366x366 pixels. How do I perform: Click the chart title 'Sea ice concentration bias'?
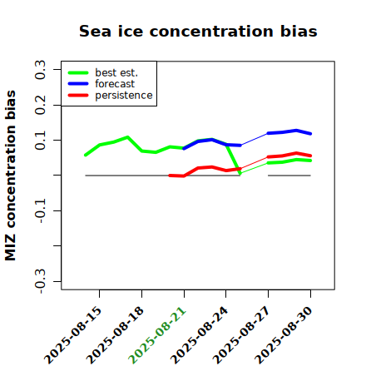tap(198, 31)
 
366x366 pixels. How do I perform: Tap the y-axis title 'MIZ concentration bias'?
tap(11, 176)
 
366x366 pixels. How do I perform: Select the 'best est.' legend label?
tap(116, 72)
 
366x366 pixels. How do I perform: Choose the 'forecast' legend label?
tap(115, 84)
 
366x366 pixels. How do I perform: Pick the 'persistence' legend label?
tap(124, 96)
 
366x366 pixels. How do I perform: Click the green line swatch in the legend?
tap(78, 72)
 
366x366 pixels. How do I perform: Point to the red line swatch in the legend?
tap(78, 96)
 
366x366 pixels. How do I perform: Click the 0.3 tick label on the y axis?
tap(40, 70)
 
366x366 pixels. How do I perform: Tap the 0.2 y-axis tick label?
tap(40, 105)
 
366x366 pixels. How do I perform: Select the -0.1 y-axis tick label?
tap(40, 210)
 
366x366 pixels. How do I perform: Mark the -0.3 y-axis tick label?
tap(40, 281)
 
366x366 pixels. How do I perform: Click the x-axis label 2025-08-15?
tap(73, 335)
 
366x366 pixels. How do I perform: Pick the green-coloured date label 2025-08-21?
tap(157, 335)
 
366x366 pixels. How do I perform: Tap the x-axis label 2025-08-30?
tap(284, 335)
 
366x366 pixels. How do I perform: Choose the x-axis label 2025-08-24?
tap(200, 335)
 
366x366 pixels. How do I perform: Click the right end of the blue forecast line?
tap(310, 134)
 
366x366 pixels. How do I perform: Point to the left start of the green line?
tap(86, 155)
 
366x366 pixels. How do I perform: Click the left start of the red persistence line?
tap(170, 176)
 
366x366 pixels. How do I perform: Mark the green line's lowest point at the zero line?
tap(240, 174)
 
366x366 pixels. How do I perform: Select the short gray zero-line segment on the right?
tap(289, 176)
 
